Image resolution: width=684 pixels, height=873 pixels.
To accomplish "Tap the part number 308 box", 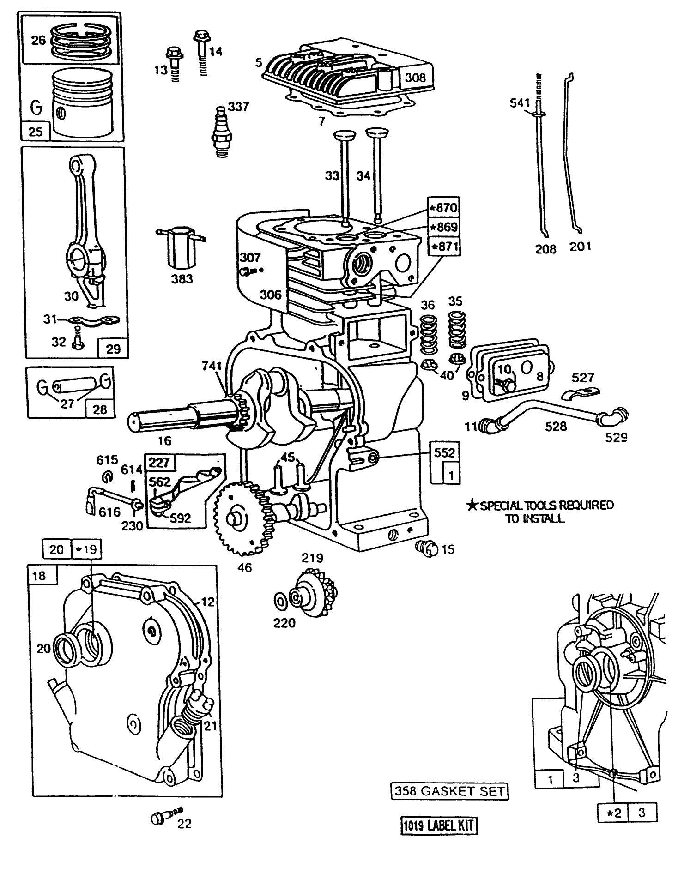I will (x=415, y=78).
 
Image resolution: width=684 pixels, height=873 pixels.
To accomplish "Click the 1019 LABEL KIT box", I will (x=438, y=825).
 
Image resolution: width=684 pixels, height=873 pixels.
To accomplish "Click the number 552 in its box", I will (x=444, y=452).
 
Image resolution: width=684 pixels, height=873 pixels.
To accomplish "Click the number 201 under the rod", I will (x=580, y=247).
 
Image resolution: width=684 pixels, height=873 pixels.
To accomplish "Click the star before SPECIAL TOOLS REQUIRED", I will (x=472, y=506).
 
